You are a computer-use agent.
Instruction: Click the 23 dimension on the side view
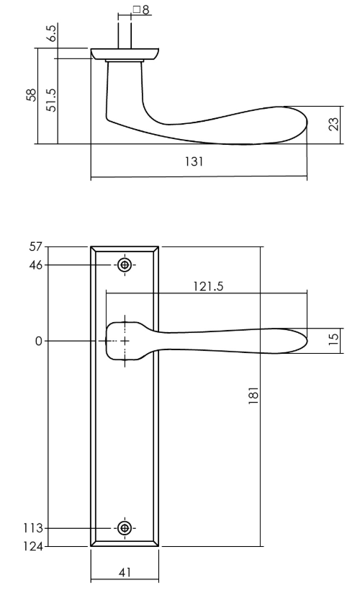coord(333,125)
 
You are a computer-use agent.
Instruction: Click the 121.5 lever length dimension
coord(209,286)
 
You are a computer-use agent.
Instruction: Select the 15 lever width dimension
coord(333,339)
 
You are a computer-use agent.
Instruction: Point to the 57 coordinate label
coord(35,247)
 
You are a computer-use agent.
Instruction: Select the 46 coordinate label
coord(35,265)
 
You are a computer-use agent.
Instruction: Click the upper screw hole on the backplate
coord(125,265)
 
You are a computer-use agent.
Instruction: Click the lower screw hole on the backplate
coord(125,528)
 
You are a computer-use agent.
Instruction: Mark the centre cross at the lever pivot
coord(125,340)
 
